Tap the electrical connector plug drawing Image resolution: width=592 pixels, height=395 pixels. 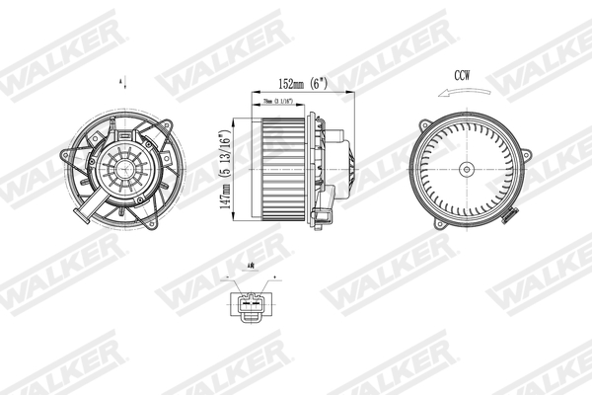coord(251,304)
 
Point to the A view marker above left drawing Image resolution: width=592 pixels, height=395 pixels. coord(122,79)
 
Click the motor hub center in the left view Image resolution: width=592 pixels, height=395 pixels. coord(123,168)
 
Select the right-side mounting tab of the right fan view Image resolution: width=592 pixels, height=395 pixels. coord(531,157)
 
